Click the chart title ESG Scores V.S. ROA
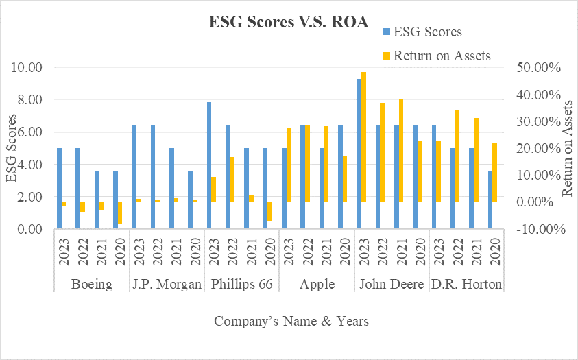pyautogui.click(x=289, y=21)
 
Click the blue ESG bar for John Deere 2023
pyautogui.click(x=359, y=154)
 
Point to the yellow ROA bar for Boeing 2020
pyautogui.click(x=120, y=213)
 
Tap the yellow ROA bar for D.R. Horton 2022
pyautogui.click(x=457, y=156)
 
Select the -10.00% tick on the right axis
pyautogui.click(x=536, y=230)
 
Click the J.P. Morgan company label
pyautogui.click(x=167, y=285)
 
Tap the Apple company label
pyautogui.click(x=317, y=285)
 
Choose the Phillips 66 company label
pyautogui.click(x=242, y=285)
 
